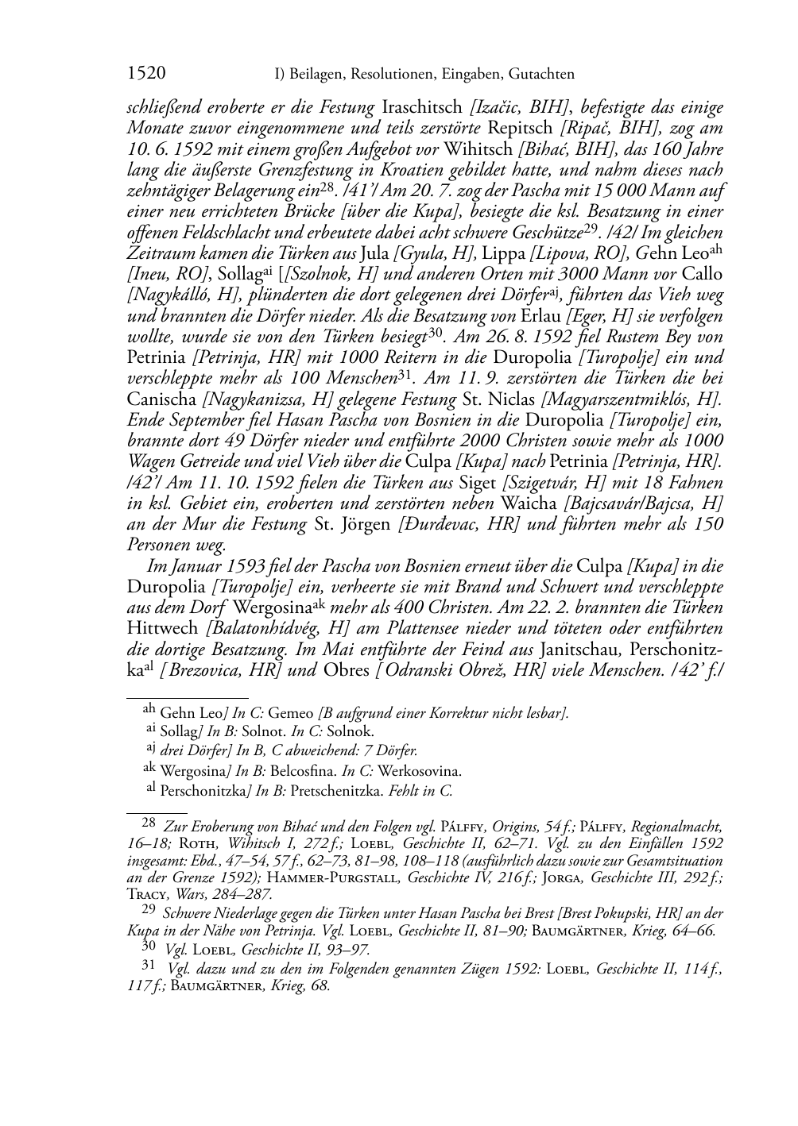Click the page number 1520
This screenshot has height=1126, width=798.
[146, 74]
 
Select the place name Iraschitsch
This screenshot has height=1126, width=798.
[422, 106]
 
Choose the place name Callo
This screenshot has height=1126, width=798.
[701, 275]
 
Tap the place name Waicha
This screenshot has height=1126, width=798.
[531, 503]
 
